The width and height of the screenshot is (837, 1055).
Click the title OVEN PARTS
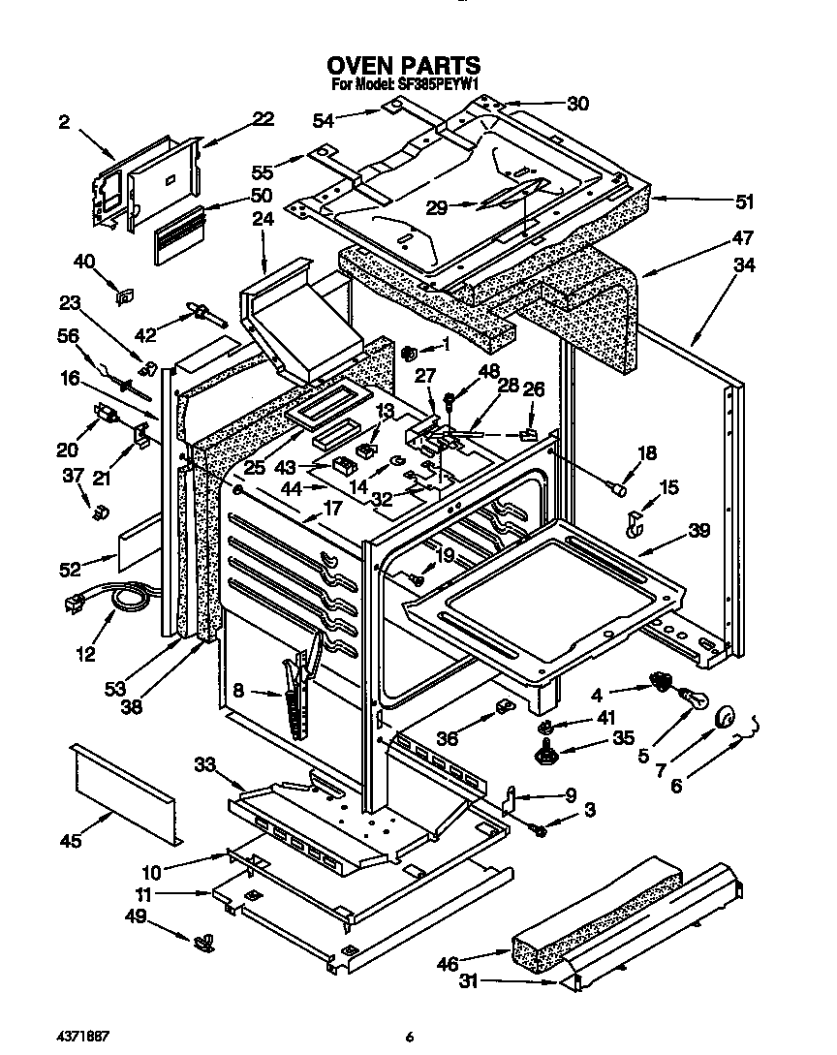(x=403, y=66)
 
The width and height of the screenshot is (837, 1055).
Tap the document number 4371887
(x=81, y=1036)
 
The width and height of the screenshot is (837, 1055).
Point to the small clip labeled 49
(x=203, y=938)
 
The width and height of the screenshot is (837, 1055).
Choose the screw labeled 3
(x=540, y=828)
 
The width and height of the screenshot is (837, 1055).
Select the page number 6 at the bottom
(x=410, y=1037)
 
